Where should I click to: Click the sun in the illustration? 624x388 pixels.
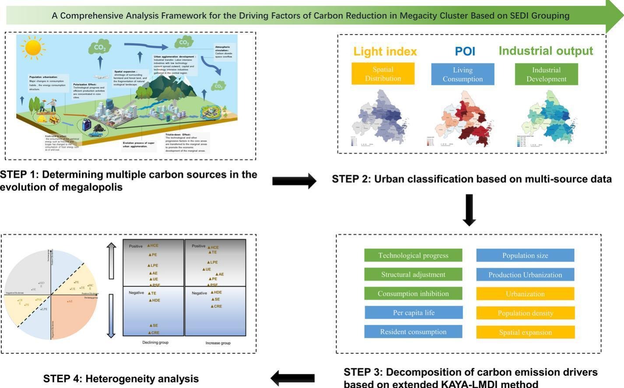click(33, 47)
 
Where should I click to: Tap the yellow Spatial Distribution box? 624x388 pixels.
click(383, 74)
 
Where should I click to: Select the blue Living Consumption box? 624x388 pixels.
click(463, 74)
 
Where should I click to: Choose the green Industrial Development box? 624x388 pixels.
click(546, 74)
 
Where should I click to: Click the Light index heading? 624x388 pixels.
click(385, 52)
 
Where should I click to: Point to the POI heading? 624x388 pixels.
click(465, 51)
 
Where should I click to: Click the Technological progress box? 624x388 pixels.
click(413, 255)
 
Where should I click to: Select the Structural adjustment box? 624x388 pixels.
click(413, 275)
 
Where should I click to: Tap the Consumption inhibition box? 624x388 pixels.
click(413, 293)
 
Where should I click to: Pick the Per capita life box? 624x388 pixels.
click(414, 313)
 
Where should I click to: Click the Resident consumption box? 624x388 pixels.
click(413, 332)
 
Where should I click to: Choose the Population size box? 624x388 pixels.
click(525, 255)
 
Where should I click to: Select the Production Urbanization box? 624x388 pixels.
click(525, 275)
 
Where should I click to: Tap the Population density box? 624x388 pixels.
click(525, 313)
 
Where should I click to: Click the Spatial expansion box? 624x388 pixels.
click(525, 332)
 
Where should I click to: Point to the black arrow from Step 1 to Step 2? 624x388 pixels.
click(294, 181)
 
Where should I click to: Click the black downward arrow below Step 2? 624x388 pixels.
click(469, 210)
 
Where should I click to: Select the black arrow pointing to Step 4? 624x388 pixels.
click(293, 378)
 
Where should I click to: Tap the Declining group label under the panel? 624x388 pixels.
click(155, 342)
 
